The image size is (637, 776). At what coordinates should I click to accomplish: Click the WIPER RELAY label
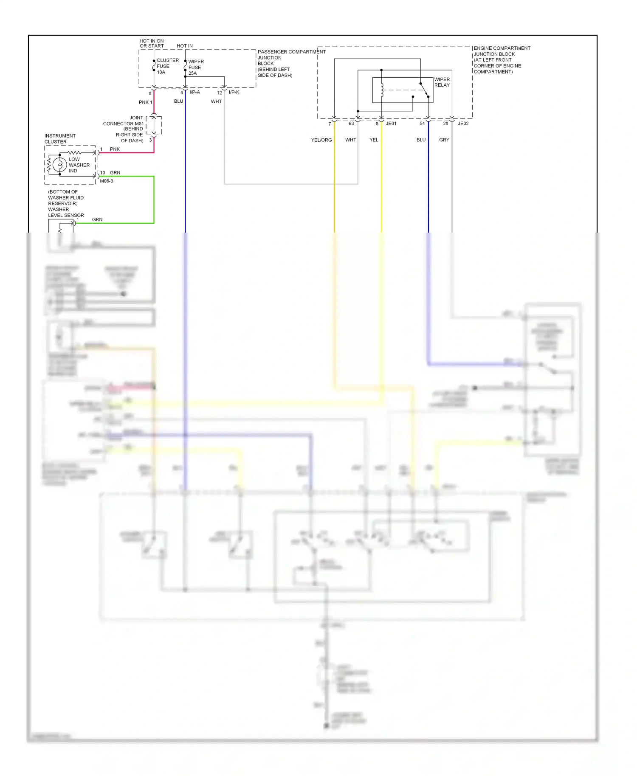442,82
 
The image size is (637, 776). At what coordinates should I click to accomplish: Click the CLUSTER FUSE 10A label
167,66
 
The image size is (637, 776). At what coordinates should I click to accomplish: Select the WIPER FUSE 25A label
196,67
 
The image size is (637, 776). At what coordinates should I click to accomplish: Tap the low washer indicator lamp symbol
60,164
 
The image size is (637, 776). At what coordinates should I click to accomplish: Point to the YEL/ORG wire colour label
321,140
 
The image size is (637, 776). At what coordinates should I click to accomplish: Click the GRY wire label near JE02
444,140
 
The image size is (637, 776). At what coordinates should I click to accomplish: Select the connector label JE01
391,124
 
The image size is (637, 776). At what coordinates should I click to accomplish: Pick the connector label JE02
463,124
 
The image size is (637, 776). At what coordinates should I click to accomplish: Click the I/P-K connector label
234,92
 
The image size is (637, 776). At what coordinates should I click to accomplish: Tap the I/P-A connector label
194,92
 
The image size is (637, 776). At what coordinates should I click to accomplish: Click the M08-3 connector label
107,181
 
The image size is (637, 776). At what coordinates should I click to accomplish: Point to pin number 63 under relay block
351,124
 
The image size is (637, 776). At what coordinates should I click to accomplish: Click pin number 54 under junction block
422,124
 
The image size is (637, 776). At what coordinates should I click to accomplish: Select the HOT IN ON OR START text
152,43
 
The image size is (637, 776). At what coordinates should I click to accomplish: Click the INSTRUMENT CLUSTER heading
60,139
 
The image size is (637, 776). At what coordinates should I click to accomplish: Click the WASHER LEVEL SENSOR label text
66,212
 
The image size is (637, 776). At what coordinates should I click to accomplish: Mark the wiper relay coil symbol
382,90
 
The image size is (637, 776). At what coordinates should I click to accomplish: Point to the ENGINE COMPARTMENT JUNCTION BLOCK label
502,60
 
